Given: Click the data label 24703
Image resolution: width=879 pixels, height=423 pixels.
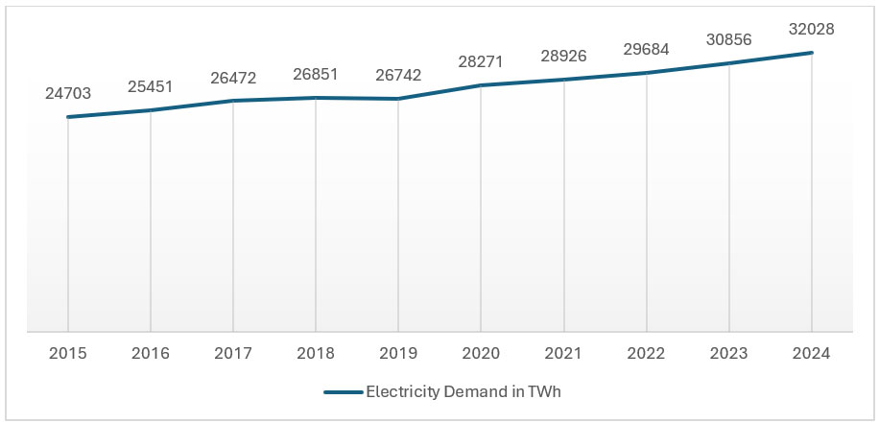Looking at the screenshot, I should tap(68, 94).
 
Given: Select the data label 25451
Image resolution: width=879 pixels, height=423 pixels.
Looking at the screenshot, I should tap(151, 87).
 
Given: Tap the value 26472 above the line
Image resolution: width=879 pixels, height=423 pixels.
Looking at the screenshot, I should tap(233, 78).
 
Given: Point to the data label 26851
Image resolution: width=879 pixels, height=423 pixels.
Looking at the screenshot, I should tap(316, 75).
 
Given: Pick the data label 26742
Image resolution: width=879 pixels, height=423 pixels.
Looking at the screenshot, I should tap(398, 76).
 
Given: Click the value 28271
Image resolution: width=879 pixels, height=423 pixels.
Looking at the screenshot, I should tap(481, 62).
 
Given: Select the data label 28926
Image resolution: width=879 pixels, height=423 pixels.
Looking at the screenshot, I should tap(563, 57).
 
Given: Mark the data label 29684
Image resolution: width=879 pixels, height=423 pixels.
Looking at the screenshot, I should tap(647, 50).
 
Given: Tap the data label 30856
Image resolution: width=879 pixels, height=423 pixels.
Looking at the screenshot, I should tap(729, 40).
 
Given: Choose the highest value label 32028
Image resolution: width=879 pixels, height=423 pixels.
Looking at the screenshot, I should tap(812, 30).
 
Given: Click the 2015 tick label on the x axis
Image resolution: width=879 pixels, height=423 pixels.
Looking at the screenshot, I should tap(68, 353).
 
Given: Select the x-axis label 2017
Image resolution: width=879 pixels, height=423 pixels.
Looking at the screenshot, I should tap(233, 353).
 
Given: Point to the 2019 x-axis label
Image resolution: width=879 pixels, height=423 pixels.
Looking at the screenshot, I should tap(398, 353).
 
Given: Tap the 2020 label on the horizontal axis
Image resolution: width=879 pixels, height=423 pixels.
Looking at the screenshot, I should tap(481, 353).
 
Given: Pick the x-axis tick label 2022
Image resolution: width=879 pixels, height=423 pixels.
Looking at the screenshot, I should tap(647, 353).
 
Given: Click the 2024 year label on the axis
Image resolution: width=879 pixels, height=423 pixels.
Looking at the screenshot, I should tap(812, 353).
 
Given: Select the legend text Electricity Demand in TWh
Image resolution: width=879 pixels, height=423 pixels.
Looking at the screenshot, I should tap(469, 391).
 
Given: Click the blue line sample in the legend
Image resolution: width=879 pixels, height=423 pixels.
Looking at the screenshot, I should tap(343, 391).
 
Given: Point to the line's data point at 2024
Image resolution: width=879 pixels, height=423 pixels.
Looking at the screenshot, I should tap(812, 53).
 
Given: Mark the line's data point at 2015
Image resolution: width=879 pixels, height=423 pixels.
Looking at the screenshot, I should tap(68, 117).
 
